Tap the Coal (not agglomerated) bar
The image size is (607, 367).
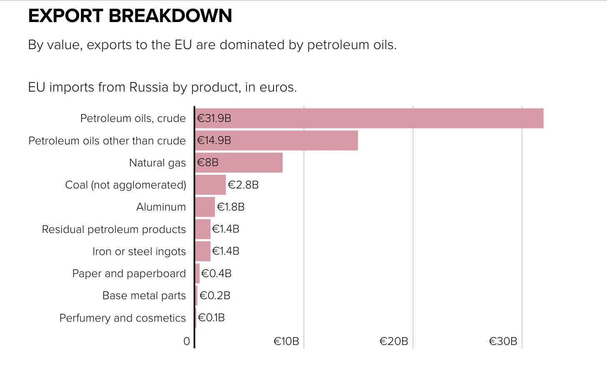[x=210, y=185]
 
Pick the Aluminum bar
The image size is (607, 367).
[x=205, y=207]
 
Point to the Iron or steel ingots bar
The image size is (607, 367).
[x=203, y=251]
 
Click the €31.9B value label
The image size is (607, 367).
[x=214, y=118]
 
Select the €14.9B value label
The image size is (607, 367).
[x=214, y=141]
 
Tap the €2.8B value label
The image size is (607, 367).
[x=243, y=185]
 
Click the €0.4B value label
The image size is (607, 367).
[x=216, y=273]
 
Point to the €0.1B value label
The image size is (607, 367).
[x=211, y=318]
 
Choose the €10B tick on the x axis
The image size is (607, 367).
[x=286, y=342]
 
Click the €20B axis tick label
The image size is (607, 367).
[x=393, y=342]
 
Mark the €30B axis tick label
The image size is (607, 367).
[x=503, y=342]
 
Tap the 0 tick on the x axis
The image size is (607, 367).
[x=187, y=342]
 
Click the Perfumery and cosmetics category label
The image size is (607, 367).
[x=122, y=318]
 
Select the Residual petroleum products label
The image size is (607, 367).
[x=114, y=229]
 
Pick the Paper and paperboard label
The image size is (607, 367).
[x=129, y=273]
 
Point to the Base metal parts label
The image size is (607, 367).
[x=144, y=295]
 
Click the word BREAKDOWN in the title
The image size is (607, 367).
[x=170, y=16]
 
